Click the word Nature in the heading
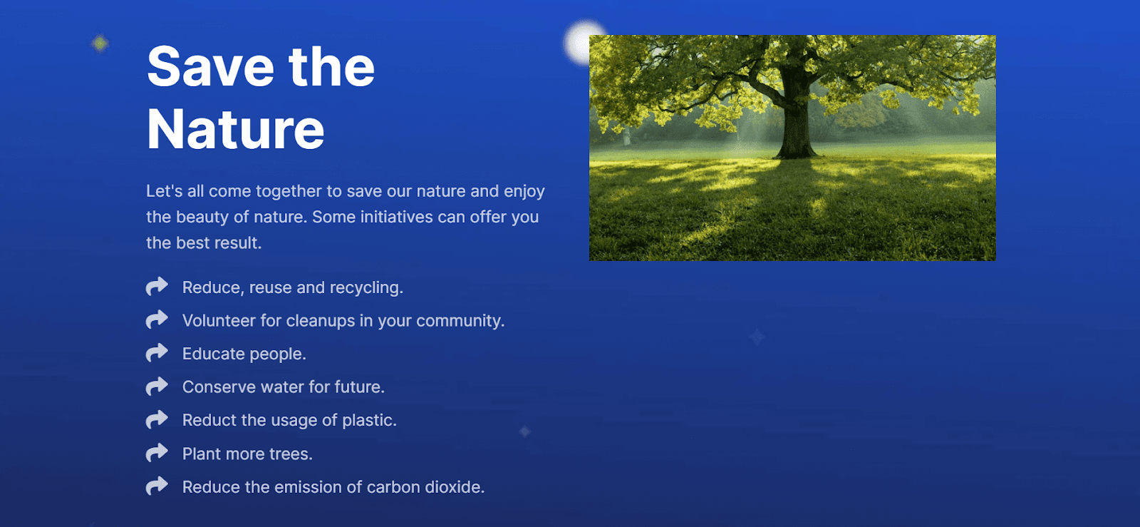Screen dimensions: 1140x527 [236, 129]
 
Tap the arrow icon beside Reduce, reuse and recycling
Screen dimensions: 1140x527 [157, 286]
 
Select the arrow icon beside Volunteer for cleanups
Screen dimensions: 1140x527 [157, 319]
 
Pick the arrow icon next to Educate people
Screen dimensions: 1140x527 [157, 352]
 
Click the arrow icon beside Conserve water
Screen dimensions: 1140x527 [157, 386]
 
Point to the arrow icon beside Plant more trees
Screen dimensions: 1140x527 [157, 453]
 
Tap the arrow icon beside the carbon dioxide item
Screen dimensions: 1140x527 [157, 486]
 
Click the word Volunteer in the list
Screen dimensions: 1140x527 [219, 321]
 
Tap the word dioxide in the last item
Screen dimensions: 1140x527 [455, 487]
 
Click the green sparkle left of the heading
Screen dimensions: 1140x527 [100, 44]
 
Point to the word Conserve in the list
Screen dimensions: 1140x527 [219, 387]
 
